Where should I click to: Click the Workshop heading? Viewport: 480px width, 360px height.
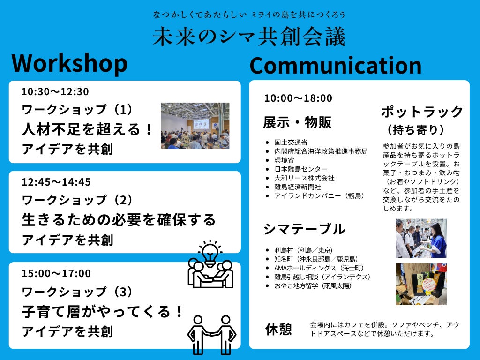tap(69, 64)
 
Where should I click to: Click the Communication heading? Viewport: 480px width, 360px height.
tap(336, 65)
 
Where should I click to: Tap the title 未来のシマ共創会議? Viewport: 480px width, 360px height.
tap(249, 37)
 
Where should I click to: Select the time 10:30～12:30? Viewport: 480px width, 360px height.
tap(55, 91)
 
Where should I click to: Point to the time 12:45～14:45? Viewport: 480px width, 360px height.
tap(56, 182)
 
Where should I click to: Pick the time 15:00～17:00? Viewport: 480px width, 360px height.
tap(56, 273)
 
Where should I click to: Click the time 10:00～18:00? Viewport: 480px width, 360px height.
tap(298, 98)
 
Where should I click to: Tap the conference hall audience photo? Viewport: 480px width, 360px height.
tap(195, 126)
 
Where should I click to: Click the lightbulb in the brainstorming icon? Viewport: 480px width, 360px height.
tap(210, 253)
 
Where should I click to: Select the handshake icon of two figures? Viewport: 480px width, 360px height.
tap(212, 335)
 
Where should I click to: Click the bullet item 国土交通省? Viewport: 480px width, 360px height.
tap(291, 142)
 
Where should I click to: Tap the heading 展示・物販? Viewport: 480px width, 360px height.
tap(297, 122)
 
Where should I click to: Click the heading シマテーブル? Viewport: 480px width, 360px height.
tap(304, 229)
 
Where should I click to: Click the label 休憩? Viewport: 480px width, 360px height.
tap(278, 330)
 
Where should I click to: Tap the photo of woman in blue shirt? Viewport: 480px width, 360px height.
tap(421, 238)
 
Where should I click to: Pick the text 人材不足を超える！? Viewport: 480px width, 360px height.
tap(87, 129)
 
